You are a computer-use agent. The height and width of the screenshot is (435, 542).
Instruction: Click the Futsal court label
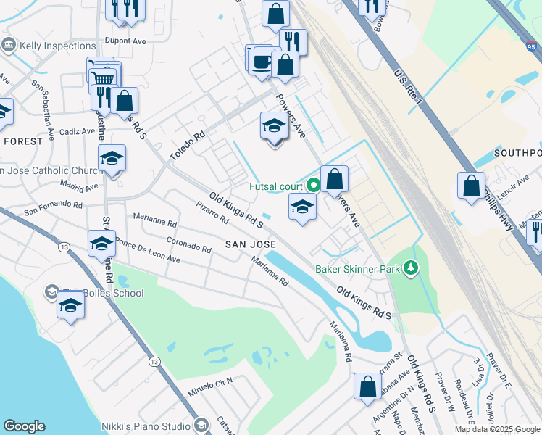click(x=275, y=186)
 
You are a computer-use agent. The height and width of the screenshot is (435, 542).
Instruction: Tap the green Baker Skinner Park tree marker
click(x=412, y=268)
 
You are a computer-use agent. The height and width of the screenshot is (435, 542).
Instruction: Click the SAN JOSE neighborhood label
click(x=251, y=244)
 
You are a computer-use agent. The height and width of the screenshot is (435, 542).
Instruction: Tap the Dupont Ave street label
click(x=125, y=41)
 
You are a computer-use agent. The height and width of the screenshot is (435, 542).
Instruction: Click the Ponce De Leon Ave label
click(x=147, y=251)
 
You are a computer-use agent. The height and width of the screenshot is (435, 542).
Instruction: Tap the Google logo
click(x=24, y=426)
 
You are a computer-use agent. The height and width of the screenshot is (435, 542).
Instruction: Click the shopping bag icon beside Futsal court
click(x=335, y=179)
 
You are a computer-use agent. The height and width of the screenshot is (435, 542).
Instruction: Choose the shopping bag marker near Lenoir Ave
click(x=471, y=186)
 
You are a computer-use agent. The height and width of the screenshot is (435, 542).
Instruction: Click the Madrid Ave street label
click(x=80, y=187)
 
